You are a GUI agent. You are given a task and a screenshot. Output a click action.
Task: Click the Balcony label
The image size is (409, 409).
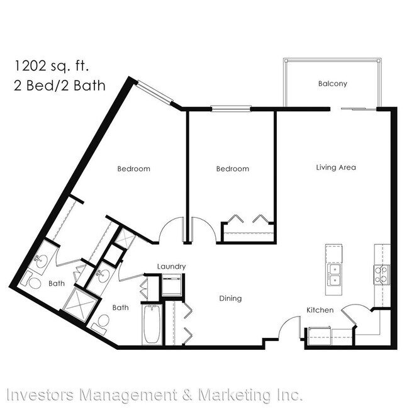coord(333,84)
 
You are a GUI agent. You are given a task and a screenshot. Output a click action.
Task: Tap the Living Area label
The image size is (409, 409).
coord(336,167)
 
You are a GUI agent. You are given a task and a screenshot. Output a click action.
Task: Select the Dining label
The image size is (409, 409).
coord(230,298)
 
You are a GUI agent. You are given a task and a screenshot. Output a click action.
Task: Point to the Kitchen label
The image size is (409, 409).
coord(320,310)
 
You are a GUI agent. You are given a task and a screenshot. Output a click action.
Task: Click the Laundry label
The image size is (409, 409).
coord(171,267)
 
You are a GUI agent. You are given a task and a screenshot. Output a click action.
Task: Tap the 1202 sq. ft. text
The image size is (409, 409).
coord(52,65)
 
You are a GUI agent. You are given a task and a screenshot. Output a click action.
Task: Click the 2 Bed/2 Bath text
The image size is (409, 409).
coord(60,86)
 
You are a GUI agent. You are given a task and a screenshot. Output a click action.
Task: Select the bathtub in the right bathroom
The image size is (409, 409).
coord(152,324)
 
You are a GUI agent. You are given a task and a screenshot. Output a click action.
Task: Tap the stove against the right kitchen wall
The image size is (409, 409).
coord(382,275)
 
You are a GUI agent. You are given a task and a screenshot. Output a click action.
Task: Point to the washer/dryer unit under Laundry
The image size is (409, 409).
coord(171,286)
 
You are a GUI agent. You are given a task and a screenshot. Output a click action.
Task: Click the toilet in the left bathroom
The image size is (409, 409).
coord(31,281)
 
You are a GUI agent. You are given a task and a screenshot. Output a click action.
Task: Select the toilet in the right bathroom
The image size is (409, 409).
coord(101,323)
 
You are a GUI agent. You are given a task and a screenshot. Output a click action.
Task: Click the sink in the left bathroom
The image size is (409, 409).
coord(41,261)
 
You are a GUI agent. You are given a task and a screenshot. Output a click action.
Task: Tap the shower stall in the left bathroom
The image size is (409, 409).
coord(80,305)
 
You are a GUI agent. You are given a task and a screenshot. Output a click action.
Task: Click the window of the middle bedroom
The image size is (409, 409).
coord(230,108)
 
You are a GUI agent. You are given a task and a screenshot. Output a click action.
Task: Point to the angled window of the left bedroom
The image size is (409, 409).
coord(154,92)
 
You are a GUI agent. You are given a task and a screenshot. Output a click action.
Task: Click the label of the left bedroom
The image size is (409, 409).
coord(134,169)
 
